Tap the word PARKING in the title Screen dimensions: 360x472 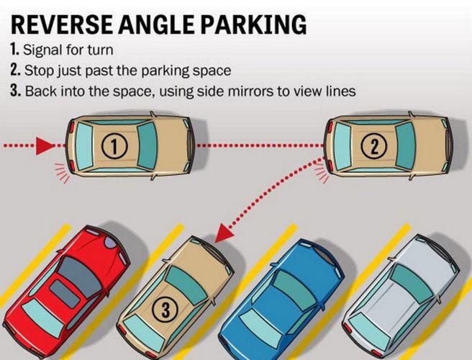250,24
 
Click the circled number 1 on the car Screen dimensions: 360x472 114,146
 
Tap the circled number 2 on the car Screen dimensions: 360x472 374,146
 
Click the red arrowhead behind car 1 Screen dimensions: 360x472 45,146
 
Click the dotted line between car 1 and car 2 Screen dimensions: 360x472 259,146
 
